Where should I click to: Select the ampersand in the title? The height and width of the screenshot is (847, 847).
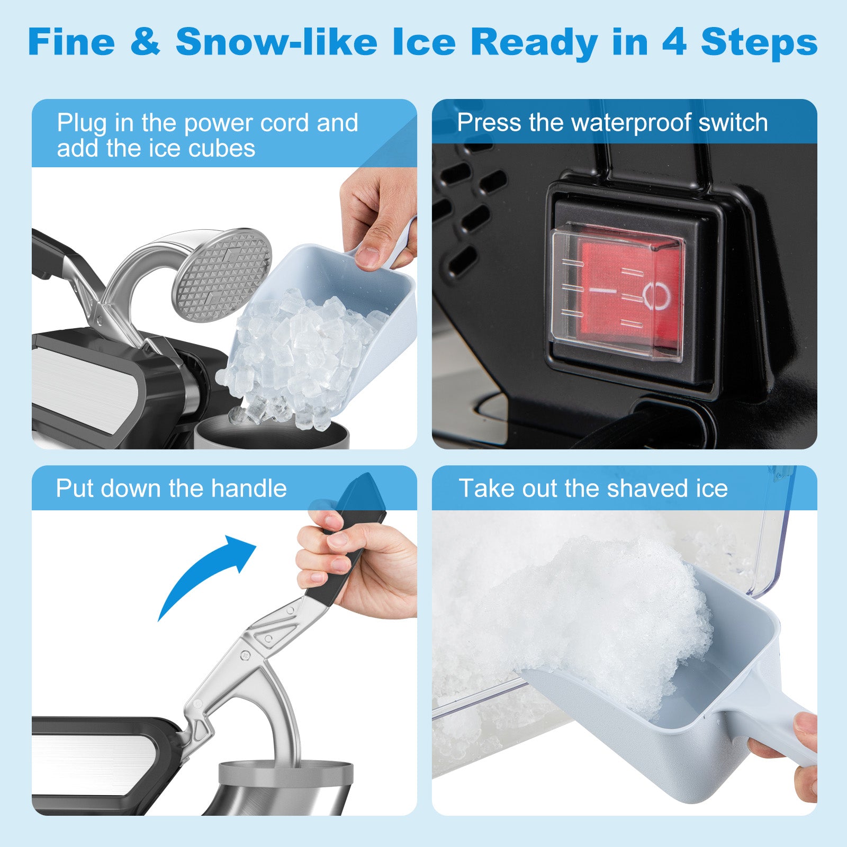coord(145,42)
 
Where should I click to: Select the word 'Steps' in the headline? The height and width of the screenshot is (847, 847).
coord(759,42)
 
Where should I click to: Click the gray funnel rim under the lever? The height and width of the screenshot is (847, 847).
coord(285,773)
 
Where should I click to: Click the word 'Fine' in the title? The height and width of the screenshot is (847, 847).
coord(71,42)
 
